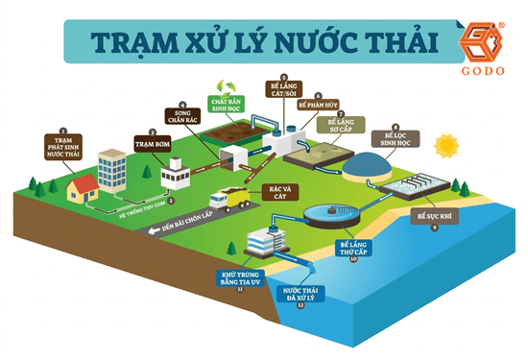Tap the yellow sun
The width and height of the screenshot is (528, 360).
pyautogui.click(x=445, y=146)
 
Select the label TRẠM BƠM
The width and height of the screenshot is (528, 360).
pyautogui.click(x=155, y=145)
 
